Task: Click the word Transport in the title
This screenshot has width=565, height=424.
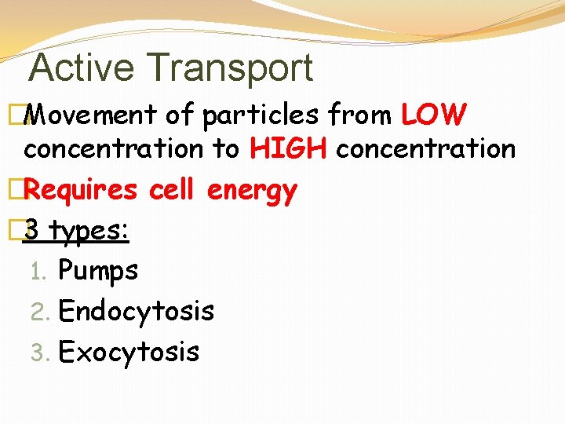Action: click(x=239, y=68)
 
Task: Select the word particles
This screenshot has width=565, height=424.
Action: click(x=261, y=115)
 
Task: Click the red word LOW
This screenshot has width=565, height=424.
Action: click(x=434, y=115)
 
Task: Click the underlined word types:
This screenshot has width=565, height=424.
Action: click(x=89, y=232)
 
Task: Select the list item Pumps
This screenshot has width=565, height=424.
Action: click(x=98, y=271)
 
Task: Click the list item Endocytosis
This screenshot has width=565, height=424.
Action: click(x=136, y=312)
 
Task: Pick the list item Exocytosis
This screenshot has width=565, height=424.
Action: click(x=129, y=352)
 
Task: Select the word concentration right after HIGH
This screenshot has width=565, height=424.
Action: click(x=425, y=148)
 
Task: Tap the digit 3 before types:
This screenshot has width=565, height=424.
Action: click(x=32, y=231)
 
